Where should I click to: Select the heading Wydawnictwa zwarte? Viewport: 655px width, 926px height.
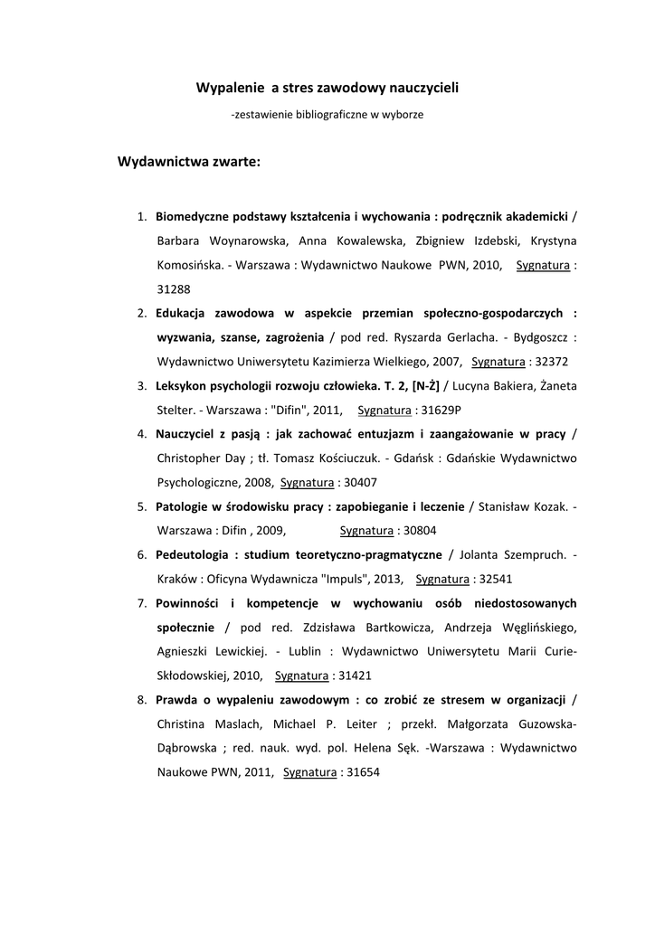tap(189, 162)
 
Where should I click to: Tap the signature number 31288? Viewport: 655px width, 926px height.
tap(174, 288)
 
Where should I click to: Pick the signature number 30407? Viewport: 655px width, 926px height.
tap(358, 481)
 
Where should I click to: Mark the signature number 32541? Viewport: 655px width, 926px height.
tap(493, 578)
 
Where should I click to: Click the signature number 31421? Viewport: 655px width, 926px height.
tap(353, 675)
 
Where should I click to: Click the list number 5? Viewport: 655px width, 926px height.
tap(142, 506)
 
